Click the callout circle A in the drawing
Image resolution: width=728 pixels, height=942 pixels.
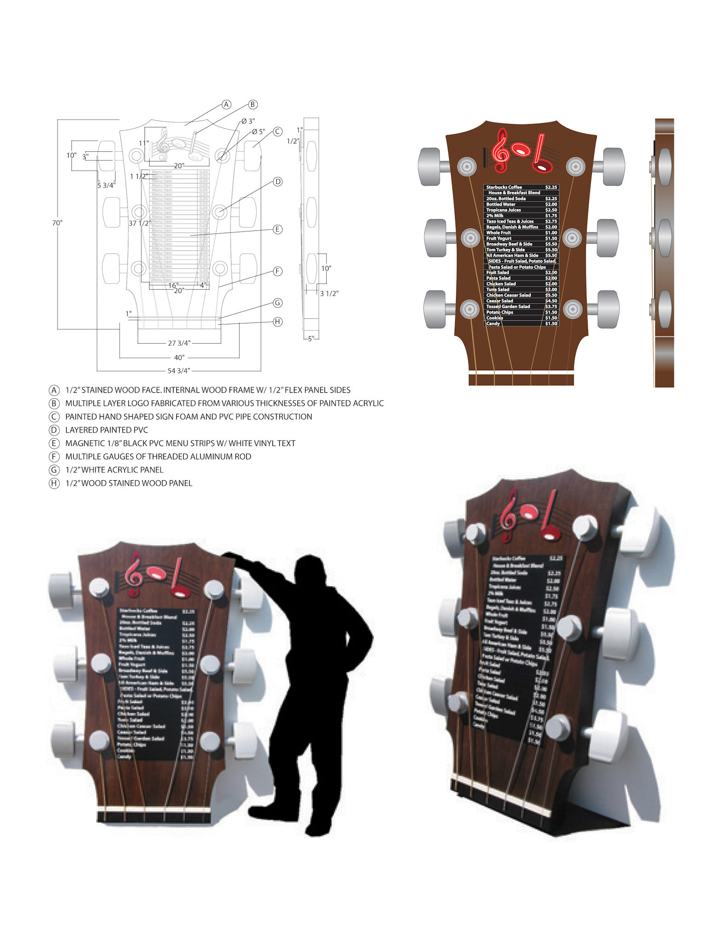pos(226,104)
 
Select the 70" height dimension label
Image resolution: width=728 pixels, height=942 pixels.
pos(57,223)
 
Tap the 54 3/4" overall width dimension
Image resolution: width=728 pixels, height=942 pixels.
pos(179,371)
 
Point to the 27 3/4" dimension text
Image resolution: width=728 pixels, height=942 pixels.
pos(179,343)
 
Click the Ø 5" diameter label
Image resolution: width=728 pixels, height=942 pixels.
pos(259,132)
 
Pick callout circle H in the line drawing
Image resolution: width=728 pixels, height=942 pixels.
pos(277,322)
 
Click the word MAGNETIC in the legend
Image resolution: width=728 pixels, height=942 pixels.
pos(84,443)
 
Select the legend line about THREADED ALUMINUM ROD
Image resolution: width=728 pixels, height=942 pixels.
pos(158,457)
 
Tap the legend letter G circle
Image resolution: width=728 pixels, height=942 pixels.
pos(54,470)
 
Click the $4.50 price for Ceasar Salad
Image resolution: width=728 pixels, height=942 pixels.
pos(551,301)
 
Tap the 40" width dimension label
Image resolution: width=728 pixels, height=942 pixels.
pos(179,357)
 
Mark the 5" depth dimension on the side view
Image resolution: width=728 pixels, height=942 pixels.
pos(312,339)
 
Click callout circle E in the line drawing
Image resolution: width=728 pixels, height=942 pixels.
pos(277,230)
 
